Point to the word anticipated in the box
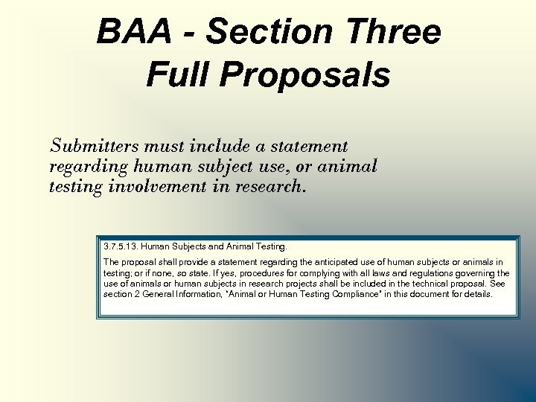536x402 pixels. [x=323, y=262]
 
